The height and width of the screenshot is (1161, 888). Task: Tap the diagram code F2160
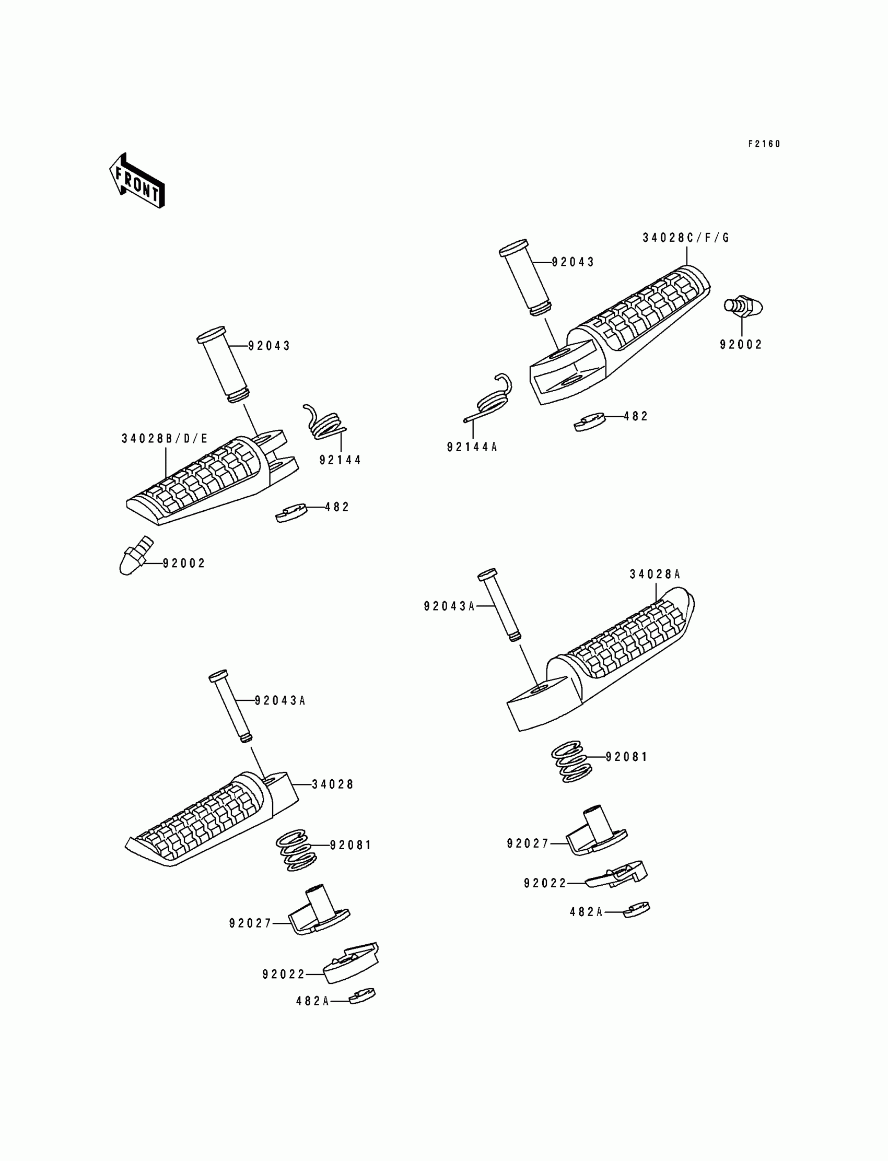764,144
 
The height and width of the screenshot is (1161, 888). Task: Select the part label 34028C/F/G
685,238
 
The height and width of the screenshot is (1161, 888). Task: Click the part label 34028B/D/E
165,439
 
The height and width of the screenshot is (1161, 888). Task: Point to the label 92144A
472,447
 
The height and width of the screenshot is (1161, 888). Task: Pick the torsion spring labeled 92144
324,423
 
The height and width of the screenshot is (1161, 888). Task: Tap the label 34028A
655,574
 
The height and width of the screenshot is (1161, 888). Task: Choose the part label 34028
332,784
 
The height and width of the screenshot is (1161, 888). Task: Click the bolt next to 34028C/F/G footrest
743,307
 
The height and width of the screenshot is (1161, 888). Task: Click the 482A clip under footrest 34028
363,995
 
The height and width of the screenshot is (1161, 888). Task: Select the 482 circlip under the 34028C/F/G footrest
589,422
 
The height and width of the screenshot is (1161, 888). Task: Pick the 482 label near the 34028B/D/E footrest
337,507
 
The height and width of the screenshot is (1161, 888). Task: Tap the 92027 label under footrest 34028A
528,843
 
